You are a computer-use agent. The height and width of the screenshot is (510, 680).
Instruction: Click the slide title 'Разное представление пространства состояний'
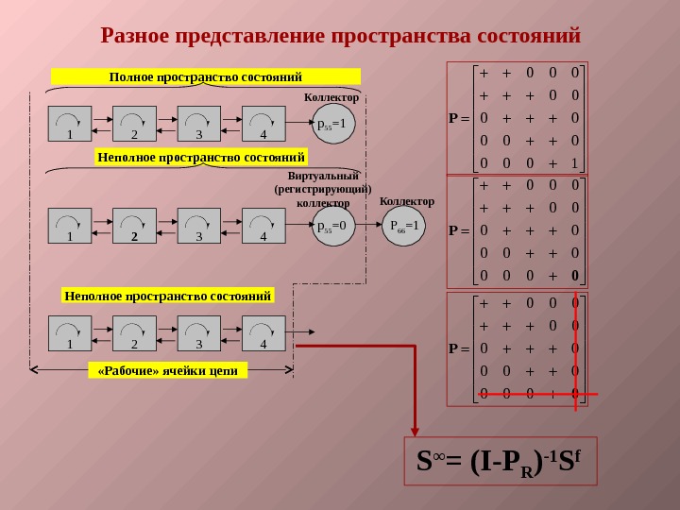(340, 37)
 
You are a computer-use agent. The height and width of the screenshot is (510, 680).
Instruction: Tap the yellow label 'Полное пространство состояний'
(206, 76)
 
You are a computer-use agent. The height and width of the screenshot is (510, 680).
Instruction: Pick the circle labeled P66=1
(404, 226)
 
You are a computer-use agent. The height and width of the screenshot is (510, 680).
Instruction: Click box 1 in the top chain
(70, 124)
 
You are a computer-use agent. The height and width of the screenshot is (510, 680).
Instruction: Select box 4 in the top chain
(263, 124)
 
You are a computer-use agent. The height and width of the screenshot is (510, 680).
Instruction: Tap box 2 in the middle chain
(134, 227)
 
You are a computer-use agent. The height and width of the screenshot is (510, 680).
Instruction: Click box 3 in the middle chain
(199, 227)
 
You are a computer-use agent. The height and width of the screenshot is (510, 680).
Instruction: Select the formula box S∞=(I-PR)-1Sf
(501, 461)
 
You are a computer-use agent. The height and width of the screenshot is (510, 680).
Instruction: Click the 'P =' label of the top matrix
(459, 118)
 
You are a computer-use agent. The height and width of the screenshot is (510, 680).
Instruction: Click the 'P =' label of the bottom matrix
(459, 348)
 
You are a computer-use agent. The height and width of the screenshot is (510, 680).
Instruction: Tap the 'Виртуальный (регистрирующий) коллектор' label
(323, 189)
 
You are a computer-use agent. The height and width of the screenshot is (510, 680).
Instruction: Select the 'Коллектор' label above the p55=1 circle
(331, 97)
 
